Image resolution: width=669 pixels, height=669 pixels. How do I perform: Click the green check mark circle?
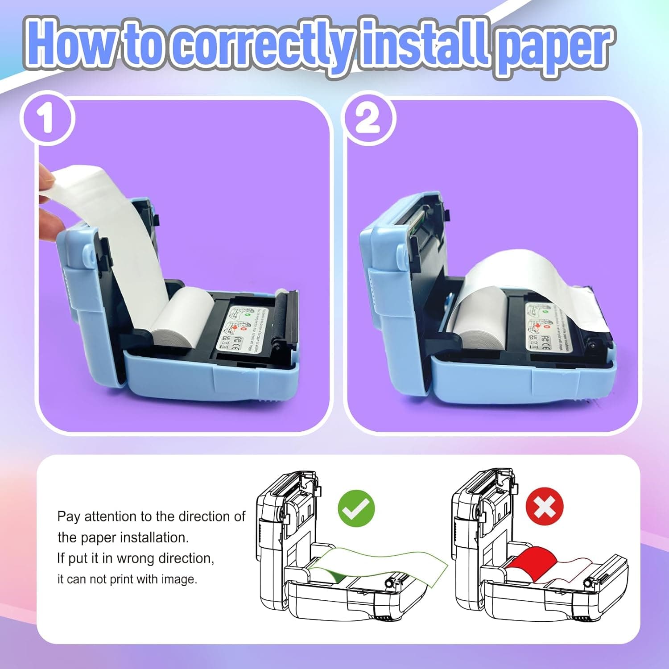click(356, 508)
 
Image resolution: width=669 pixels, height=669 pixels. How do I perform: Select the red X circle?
click(544, 506)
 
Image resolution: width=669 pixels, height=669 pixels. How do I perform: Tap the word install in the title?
click(424, 45)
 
